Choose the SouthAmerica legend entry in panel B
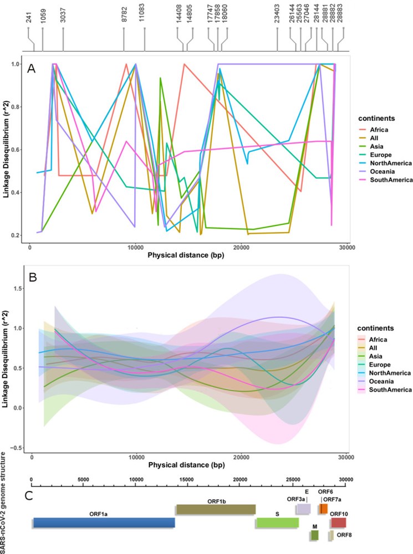coord(386,389)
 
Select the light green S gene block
coord(277,522)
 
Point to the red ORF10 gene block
coord(338,522)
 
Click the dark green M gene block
coord(314,536)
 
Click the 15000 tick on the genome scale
coord(188,480)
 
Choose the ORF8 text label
coord(344,535)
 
